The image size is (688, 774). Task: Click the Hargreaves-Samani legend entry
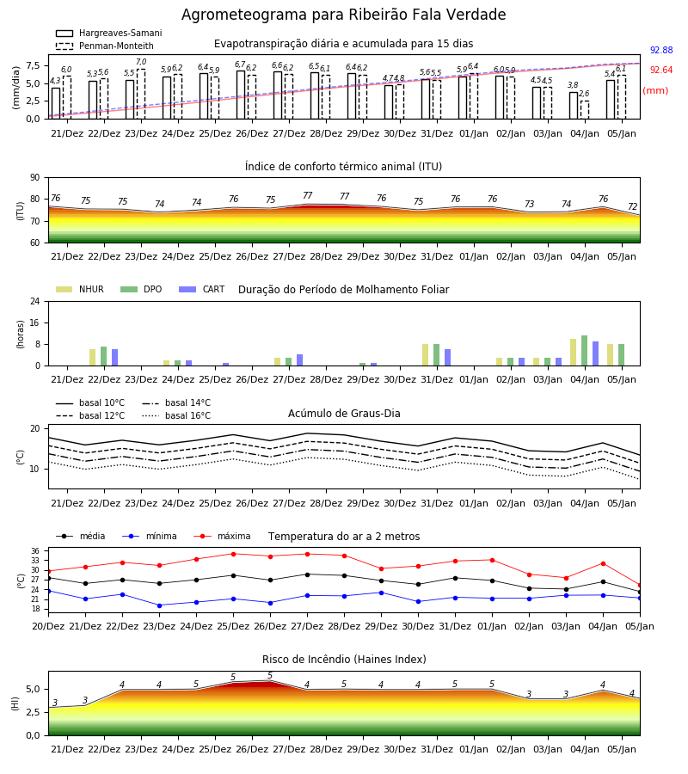coord(108,33)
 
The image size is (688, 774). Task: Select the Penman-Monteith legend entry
coord(105,46)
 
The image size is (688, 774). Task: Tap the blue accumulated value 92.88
coord(661,51)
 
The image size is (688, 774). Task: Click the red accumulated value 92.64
coord(661,71)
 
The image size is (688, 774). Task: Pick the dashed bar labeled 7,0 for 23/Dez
coord(141,94)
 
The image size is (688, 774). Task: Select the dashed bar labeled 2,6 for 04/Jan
coord(585,109)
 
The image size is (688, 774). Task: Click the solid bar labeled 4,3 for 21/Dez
coord(56,104)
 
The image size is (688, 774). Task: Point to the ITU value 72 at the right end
coord(633,206)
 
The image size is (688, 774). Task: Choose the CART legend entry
coord(202,289)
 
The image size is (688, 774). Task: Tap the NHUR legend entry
coord(80,289)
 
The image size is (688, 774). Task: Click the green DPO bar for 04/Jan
coord(584,351)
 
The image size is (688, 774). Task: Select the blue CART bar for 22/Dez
coord(115,358)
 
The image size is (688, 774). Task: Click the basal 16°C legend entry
coord(176,415)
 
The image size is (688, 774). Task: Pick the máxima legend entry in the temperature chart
coord(222,536)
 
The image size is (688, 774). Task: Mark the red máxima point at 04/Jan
coord(603,563)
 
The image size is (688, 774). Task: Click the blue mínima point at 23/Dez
coord(159,605)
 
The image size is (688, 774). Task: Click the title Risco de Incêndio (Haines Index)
coord(344,660)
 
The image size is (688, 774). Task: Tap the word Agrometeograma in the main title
coord(244,15)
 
